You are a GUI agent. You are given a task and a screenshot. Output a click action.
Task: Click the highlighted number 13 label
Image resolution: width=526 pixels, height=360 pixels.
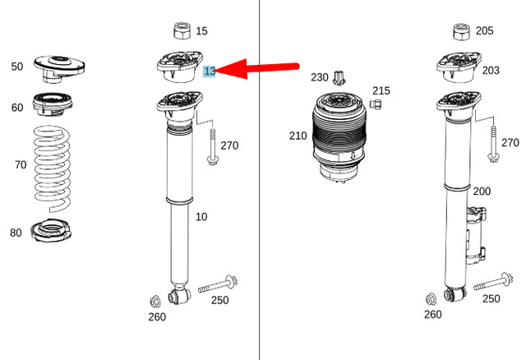click(x=210, y=72)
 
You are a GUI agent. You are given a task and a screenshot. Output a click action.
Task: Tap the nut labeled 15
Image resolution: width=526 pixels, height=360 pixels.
click(x=182, y=31)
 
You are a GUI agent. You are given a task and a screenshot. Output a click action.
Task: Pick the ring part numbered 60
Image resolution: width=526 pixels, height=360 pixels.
click(x=53, y=107)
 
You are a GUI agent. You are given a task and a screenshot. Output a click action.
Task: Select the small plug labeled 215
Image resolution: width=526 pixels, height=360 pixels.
click(x=379, y=104)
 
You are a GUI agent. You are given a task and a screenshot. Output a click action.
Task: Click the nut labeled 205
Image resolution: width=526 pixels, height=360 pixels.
click(x=461, y=32)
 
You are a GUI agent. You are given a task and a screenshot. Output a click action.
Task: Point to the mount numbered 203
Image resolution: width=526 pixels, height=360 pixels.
click(x=457, y=67)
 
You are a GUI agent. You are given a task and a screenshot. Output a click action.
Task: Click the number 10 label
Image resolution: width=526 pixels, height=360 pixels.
click(x=201, y=217)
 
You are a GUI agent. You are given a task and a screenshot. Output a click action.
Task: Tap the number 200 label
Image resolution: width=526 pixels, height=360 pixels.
click(x=482, y=192)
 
